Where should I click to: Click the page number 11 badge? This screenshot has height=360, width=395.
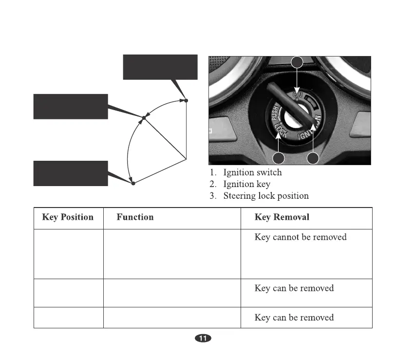203,339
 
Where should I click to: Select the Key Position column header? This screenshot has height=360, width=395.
68,217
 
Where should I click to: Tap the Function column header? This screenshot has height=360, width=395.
135,217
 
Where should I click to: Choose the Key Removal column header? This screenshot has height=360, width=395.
282,217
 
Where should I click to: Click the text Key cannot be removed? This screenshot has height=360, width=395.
301,237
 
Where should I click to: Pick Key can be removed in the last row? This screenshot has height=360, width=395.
294,318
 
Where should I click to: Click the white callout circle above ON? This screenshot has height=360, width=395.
297,62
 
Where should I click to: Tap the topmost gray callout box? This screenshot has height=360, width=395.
160,67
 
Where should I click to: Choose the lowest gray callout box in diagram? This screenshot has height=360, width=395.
70,173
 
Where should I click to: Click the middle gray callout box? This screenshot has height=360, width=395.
70,106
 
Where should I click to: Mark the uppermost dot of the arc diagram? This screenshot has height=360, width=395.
186,101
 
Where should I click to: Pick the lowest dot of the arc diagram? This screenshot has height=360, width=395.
133,184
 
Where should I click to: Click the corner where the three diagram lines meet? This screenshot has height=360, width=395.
187,158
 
